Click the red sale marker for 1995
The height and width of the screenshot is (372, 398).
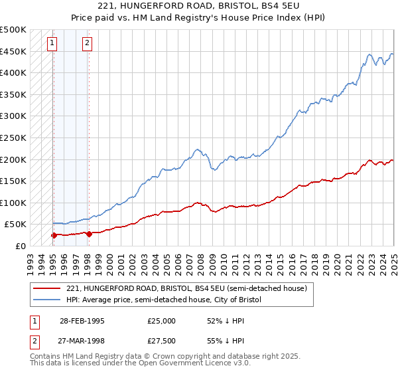coord(53,235)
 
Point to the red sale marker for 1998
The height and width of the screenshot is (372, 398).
coord(88,233)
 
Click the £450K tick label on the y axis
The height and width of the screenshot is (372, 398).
coord(13,51)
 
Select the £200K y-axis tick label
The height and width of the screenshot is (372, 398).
coord(13,159)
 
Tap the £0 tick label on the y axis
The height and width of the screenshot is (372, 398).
coord(20,246)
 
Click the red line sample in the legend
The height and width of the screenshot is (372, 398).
coord(46,289)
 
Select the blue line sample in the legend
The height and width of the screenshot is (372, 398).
coord(46,300)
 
